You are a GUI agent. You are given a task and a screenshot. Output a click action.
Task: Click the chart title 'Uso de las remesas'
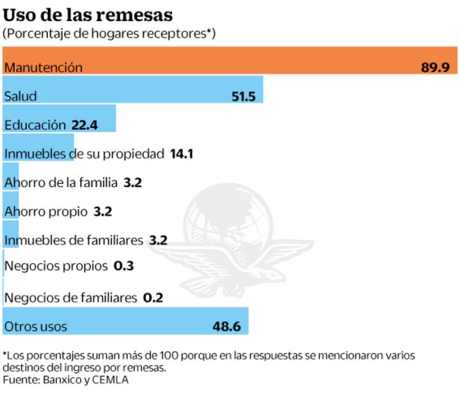click(88, 14)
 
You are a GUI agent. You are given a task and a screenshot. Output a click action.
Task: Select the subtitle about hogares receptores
click(109, 33)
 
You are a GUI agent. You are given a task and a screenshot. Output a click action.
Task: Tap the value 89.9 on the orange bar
click(435, 67)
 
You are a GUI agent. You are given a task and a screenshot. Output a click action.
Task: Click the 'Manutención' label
click(43, 67)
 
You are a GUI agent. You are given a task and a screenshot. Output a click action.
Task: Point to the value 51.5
click(243, 96)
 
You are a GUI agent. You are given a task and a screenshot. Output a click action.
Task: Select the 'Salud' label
click(20, 96)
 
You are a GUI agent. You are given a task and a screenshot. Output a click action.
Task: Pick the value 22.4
click(85, 125)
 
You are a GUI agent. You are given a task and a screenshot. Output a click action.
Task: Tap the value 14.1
click(182, 154)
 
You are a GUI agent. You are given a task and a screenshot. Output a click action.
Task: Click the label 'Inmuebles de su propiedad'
click(84, 154)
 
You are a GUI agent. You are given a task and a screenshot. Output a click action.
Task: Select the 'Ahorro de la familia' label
click(61, 183)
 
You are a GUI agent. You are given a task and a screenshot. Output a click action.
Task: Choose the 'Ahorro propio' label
click(45, 211)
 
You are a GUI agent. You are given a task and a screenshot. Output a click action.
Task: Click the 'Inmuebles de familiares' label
click(74, 240)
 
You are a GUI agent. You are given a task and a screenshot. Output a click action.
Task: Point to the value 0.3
click(123, 266)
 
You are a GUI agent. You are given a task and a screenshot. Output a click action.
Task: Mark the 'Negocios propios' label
click(56, 266)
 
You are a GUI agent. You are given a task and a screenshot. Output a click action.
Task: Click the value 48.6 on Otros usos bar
click(226, 326)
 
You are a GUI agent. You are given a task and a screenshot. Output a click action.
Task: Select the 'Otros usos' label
click(35, 326)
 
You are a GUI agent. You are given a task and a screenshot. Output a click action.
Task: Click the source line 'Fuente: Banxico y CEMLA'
click(66, 379)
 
